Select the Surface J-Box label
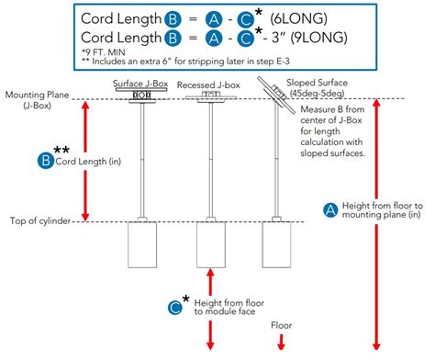pyautogui.click(x=140, y=84)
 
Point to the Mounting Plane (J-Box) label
pyautogui.click(x=36, y=99)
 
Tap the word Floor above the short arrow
pyautogui.click(x=281, y=325)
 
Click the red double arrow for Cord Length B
pyautogui.click(x=86, y=160)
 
